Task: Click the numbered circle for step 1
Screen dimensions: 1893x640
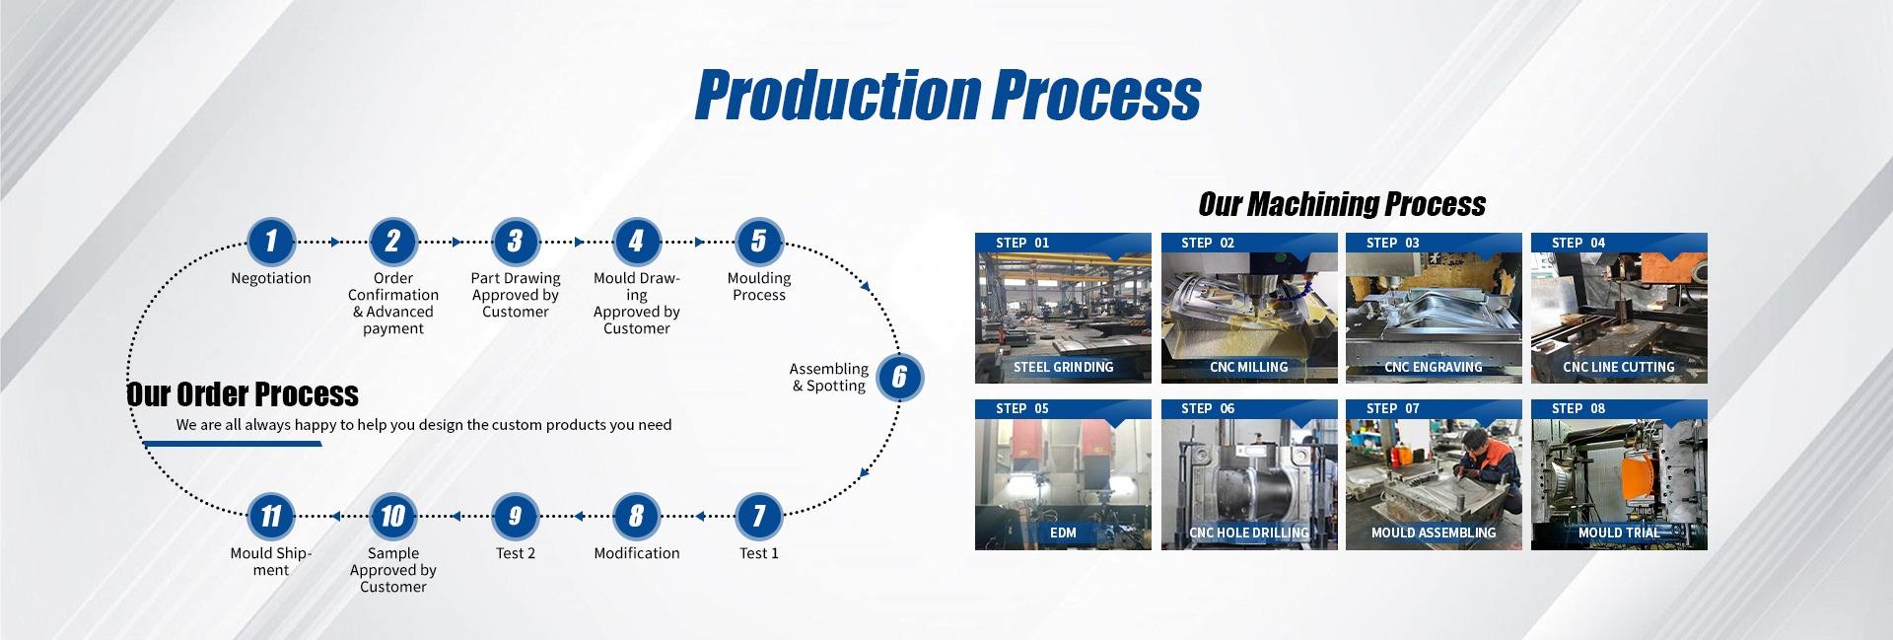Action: [x=271, y=241]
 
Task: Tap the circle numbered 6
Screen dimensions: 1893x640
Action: [x=899, y=377]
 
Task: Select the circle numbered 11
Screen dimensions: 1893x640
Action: [x=271, y=516]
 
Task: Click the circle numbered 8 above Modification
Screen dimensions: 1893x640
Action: [x=636, y=516]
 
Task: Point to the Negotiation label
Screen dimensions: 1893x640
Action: [x=271, y=278]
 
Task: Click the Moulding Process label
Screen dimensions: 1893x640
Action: [x=759, y=286]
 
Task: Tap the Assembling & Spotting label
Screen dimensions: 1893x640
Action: [x=829, y=377]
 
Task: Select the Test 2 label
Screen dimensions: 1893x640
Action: [x=516, y=553]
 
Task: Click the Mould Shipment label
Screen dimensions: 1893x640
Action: [x=271, y=561]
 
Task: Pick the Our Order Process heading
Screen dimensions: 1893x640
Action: [x=243, y=394]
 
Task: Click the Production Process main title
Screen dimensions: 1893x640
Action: [x=947, y=95]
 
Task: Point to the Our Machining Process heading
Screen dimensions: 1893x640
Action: [x=1342, y=204]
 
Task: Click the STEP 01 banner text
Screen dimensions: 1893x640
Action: [x=1022, y=243]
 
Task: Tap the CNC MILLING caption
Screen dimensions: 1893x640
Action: [x=1249, y=367]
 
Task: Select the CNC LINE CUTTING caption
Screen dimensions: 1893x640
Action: [x=1619, y=367]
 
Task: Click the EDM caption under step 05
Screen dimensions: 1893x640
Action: [x=1063, y=533]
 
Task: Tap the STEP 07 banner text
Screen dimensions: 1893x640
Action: [x=1393, y=408]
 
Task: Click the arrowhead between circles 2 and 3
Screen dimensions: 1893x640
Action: [x=456, y=242]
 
